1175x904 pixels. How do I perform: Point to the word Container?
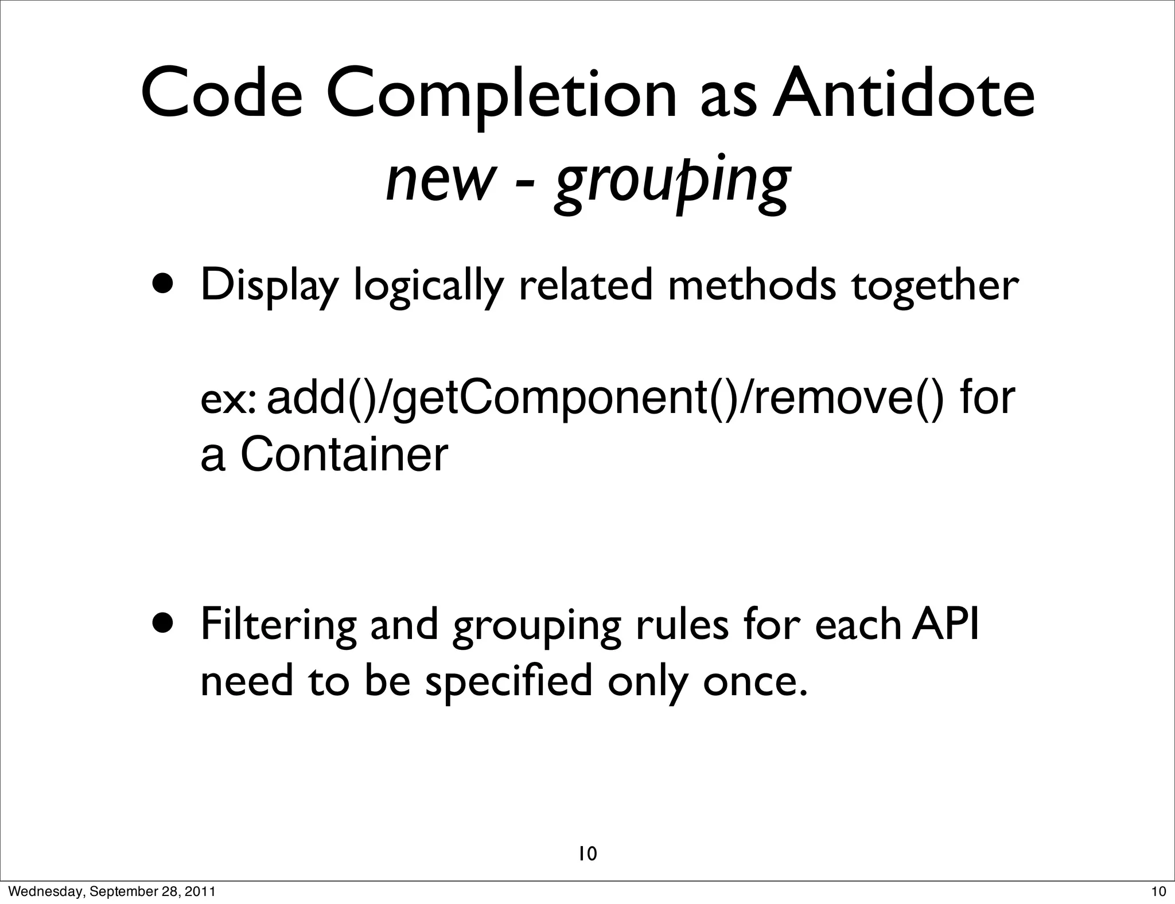[343, 455]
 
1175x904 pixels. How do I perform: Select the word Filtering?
[279, 625]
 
